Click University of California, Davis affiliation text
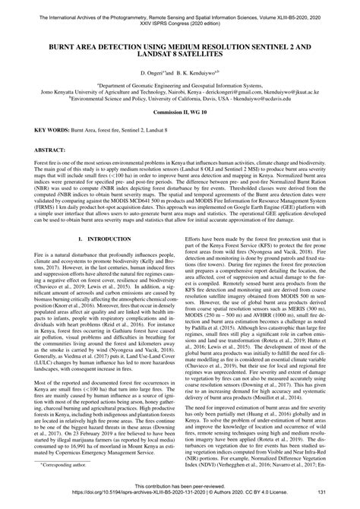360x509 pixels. pos(183,98)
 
